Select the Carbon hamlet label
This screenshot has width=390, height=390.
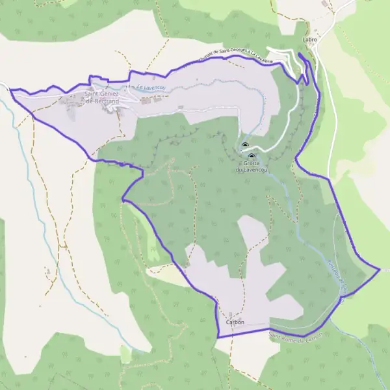coord(235,322)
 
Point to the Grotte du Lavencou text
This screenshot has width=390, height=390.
coord(250,166)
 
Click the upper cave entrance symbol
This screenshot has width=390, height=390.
coord(245,146)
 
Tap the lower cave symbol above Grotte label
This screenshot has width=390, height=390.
coord(251,157)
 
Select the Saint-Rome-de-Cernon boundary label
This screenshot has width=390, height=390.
coord(296,336)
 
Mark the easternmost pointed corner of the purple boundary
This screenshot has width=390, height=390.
coord(379,268)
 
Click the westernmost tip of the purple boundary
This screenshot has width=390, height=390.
coord(10,90)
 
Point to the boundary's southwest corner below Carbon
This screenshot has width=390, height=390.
coord(218,337)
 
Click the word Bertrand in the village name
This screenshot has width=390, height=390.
coord(105,103)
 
